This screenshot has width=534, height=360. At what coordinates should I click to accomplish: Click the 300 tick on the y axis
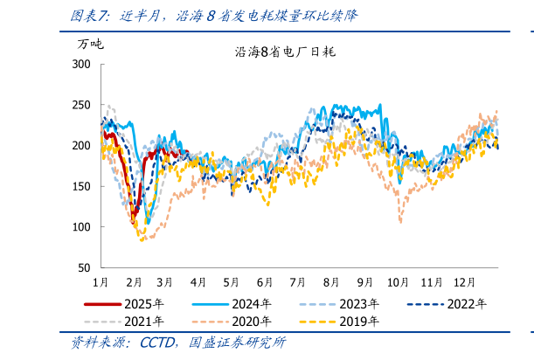81,65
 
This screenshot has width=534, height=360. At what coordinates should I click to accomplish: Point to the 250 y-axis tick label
81,105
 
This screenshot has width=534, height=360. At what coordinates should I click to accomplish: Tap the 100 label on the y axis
81,227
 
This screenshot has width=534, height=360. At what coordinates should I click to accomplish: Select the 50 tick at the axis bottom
84,267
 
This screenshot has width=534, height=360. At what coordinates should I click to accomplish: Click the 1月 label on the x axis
101,282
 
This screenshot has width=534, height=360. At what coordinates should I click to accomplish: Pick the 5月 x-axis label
231,282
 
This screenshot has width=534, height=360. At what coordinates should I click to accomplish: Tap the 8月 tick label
331,282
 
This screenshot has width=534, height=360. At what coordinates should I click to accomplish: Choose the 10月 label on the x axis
398,282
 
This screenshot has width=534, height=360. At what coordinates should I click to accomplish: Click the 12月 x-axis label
465,282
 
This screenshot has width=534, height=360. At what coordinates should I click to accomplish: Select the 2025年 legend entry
143,304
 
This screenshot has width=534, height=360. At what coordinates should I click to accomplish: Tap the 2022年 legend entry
467,304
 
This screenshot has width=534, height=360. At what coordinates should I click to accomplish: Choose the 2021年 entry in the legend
143,322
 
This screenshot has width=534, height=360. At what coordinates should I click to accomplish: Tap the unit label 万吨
90,43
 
